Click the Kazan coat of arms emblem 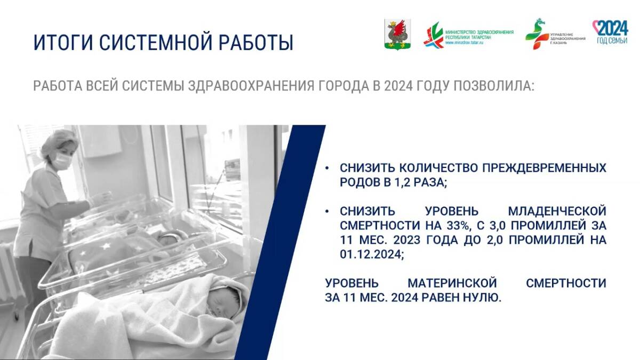[x=398, y=34]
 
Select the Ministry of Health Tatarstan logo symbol [x=434, y=35]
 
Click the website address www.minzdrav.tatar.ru [x=464, y=43]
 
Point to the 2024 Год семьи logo [x=611, y=32]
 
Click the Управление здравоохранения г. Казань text [x=567, y=38]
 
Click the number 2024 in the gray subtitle [x=398, y=86]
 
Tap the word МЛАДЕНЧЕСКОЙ [x=557, y=211]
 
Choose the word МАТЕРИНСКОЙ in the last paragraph [x=452, y=283]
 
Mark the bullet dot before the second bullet [x=327, y=211]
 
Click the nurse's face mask [x=62, y=162]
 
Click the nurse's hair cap [x=59, y=142]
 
